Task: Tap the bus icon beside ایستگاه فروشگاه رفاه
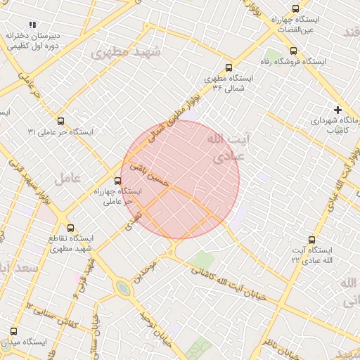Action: (x=293, y=51)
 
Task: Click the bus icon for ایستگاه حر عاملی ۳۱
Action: (x=61, y=121)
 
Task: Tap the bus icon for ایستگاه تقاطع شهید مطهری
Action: (x=70, y=228)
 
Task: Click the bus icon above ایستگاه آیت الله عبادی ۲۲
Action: (x=312, y=240)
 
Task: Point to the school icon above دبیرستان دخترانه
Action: (x=32, y=25)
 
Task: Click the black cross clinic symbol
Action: (x=338, y=110)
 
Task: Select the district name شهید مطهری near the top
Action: (x=127, y=52)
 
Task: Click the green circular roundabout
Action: (x=124, y=288)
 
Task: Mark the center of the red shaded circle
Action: (x=181, y=179)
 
